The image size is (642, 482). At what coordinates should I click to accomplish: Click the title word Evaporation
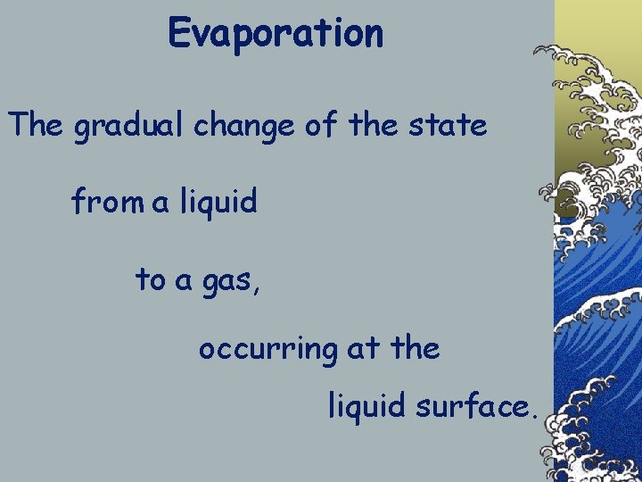tap(276, 34)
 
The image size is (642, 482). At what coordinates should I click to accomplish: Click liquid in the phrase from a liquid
tap(218, 204)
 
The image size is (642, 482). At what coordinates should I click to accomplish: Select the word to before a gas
tap(151, 279)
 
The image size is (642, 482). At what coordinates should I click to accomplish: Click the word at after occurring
tap(362, 348)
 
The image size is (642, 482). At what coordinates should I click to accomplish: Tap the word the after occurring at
tap(416, 347)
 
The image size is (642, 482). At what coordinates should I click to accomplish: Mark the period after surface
tap(533, 415)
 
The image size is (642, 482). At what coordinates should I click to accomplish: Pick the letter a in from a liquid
tap(160, 204)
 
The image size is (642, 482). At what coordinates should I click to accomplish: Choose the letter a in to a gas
tap(184, 281)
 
